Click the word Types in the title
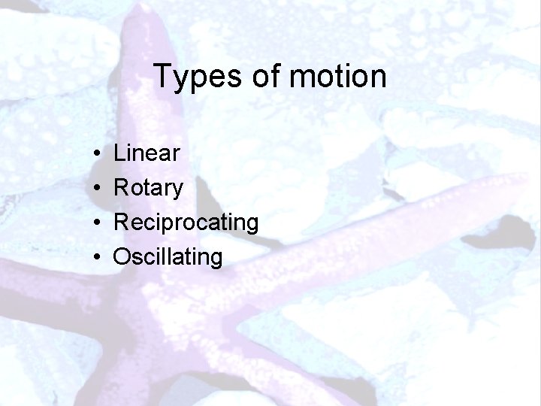192,77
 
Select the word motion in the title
336,77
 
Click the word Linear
147,154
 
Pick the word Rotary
148,189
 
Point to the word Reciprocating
186,223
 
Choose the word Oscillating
168,258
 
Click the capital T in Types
162,76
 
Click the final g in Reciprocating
251,226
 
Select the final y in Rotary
177,191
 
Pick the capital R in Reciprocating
121,223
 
